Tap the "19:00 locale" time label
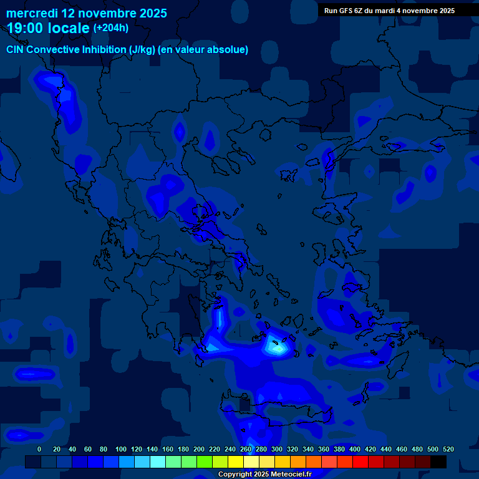48,28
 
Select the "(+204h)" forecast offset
111,27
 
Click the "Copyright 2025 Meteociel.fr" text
264,474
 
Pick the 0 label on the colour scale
39,449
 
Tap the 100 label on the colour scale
121,449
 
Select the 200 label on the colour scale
199,449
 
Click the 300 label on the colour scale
277,449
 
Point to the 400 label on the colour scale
355,449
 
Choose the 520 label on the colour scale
448,449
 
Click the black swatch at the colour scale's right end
438,462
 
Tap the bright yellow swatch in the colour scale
236,462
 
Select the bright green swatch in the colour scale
205,462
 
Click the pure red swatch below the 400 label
360,462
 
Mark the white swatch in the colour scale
251,462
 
